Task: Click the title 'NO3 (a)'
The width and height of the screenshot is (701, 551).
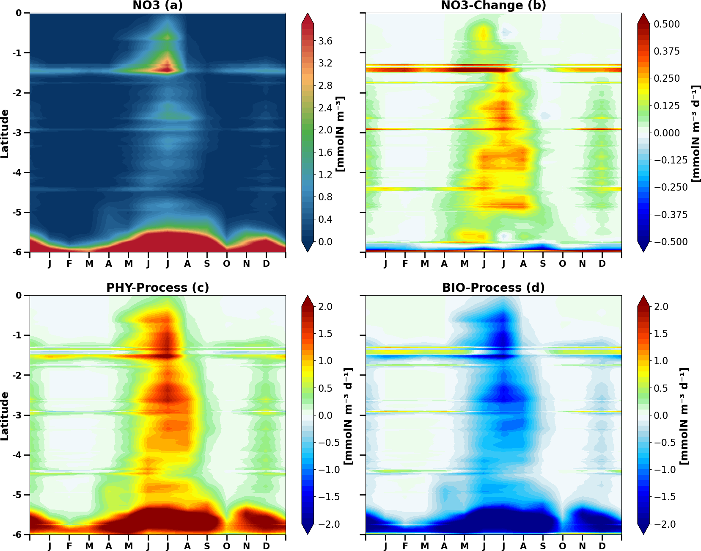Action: click(x=157, y=6)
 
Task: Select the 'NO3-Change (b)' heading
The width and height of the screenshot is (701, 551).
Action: click(x=493, y=6)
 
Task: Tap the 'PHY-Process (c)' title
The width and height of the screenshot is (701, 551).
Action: click(x=157, y=288)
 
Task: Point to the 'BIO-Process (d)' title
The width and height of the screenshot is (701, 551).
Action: click(x=493, y=288)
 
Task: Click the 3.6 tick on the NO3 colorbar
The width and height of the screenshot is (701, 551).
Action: click(x=325, y=41)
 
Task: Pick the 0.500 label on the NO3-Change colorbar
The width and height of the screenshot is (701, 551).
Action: click(x=667, y=24)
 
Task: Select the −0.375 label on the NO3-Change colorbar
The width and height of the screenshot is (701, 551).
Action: click(x=671, y=215)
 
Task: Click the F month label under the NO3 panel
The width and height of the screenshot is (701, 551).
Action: click(x=69, y=264)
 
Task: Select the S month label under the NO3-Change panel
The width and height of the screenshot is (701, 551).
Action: click(x=543, y=264)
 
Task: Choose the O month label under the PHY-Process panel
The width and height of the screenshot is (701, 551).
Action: click(x=227, y=546)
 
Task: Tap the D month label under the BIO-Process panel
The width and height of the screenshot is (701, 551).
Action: click(x=602, y=546)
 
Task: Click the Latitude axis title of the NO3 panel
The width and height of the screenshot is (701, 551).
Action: click(x=5, y=133)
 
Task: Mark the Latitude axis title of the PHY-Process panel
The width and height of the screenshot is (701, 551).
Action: click(x=5, y=416)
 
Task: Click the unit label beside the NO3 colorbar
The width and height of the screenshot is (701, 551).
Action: click(x=340, y=134)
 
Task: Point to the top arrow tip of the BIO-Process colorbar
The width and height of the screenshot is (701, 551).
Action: click(x=643, y=296)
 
